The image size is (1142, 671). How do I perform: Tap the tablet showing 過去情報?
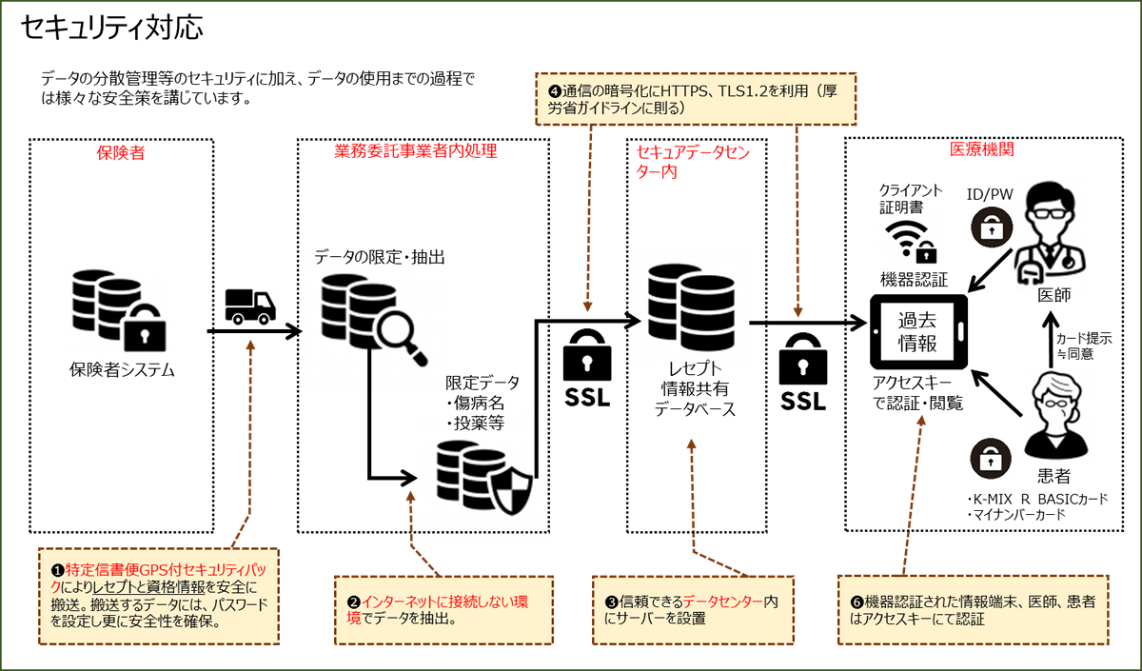[x=919, y=329]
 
